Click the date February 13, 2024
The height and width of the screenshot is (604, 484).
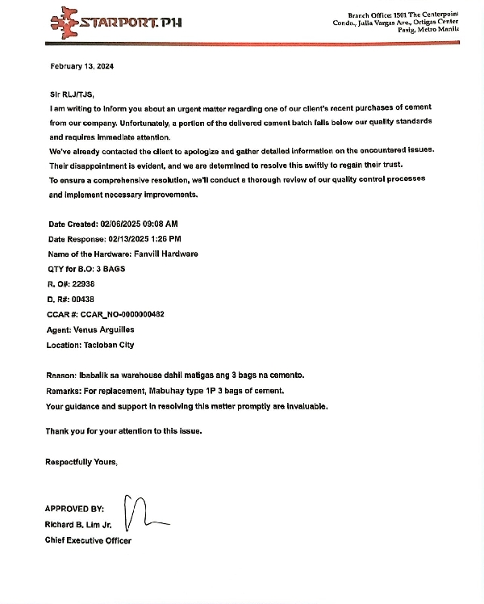click(x=81, y=66)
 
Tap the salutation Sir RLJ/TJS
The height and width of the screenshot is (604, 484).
click(x=72, y=94)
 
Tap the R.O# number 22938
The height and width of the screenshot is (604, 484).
click(x=83, y=283)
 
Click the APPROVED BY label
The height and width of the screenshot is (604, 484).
click(x=74, y=509)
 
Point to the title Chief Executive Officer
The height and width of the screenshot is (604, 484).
click(x=88, y=540)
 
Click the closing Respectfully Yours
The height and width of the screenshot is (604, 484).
click(x=81, y=462)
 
